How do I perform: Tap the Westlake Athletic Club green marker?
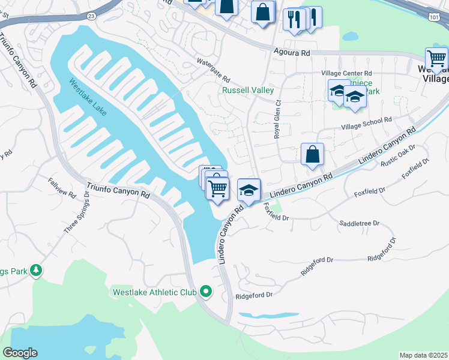coord(206,292)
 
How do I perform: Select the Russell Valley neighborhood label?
coord(248,90)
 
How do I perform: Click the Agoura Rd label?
coord(291,53)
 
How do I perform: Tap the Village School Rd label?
coord(366,123)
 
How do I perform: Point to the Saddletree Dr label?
coord(360,223)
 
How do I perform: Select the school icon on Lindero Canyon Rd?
coord(249,190)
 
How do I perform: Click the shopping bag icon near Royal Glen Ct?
coord(312,154)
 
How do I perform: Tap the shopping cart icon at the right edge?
coord(436,59)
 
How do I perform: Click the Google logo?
coord(20,353)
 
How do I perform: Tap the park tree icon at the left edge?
coord(36,271)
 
